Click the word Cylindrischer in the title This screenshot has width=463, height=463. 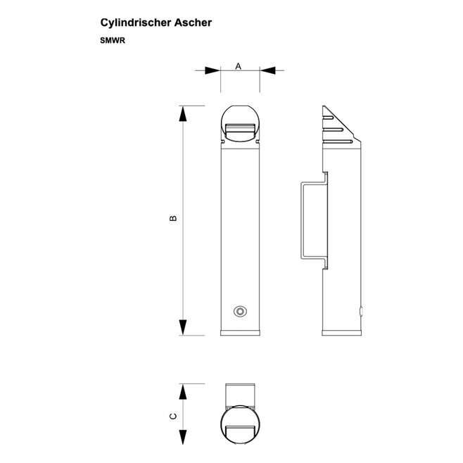tap(136, 23)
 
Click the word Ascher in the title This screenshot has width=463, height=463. tap(193, 23)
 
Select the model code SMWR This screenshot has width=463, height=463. tap(113, 40)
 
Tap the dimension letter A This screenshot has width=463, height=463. tap(239, 66)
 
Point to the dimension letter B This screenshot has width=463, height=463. tap(173, 218)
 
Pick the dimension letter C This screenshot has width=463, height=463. tap(173, 417)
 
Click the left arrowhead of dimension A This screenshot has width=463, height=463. tap(213, 70)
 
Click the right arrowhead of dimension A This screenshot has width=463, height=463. tap(267, 70)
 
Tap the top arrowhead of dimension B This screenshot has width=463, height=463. tap(183, 114)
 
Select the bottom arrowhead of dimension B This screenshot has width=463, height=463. tap(183, 327)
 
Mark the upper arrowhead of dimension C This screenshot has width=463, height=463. tap(183, 392)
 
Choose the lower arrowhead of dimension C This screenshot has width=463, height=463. tap(183, 437)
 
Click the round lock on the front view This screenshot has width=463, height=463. tap(240, 311)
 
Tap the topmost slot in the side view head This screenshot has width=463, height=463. tap(328, 118)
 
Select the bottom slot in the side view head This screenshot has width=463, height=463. tap(338, 141)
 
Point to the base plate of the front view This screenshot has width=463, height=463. tap(241, 333)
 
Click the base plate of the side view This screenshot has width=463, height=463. tap(342, 333)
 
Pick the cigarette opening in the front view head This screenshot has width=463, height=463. tap(241, 132)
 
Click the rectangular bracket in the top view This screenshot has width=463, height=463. tap(241, 396)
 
